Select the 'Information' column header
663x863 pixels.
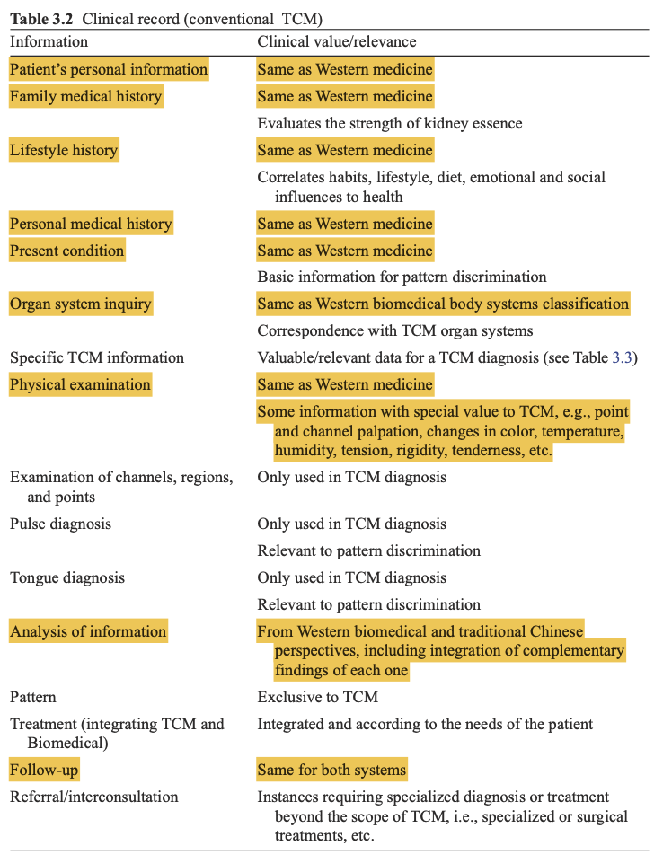tap(49, 42)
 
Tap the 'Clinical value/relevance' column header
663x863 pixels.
tap(337, 42)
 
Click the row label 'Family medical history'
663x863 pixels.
tap(85, 96)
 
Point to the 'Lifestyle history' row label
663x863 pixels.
tap(64, 150)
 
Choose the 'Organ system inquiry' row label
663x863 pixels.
tap(81, 304)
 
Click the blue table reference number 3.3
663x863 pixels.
tap(622, 357)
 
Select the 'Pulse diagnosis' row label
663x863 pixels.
tap(61, 524)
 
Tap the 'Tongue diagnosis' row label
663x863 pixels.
tap(67, 577)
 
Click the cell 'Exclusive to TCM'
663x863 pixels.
tap(318, 697)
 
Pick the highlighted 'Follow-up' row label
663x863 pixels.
tap(50, 770)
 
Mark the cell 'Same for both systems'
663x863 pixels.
tap(331, 770)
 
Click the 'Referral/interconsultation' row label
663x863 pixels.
tap(94, 797)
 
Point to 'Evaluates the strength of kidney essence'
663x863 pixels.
tap(390, 123)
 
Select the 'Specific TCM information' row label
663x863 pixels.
tap(97, 357)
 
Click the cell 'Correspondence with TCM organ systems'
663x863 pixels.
tap(395, 330)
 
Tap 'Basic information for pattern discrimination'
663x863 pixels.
tap(402, 277)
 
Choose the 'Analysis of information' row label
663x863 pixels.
tap(88, 631)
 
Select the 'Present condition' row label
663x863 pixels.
tap(67, 251)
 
